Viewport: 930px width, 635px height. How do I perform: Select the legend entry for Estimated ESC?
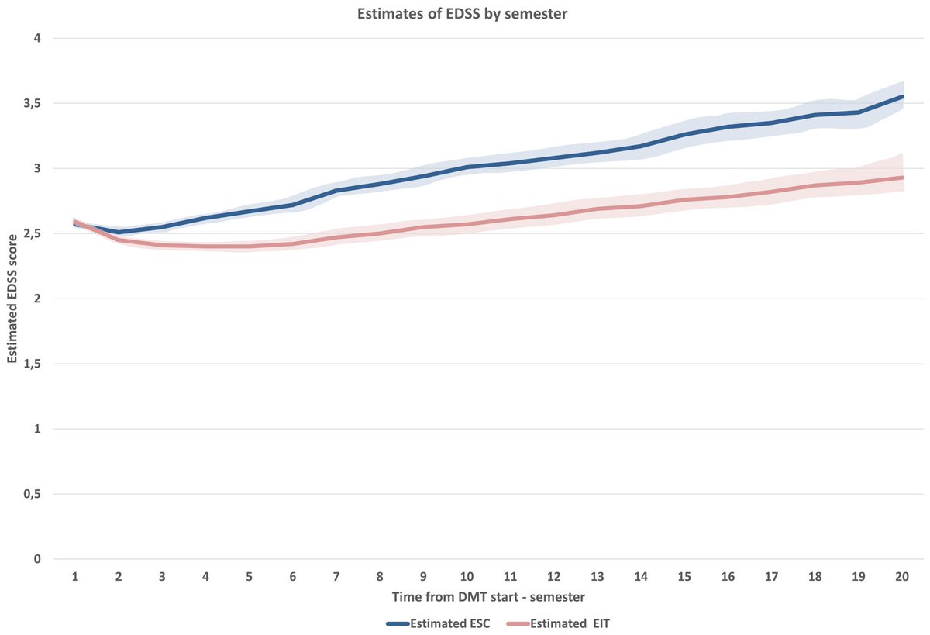438,623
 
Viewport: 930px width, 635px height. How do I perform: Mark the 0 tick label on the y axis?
36,559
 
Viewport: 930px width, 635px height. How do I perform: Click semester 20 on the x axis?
902,576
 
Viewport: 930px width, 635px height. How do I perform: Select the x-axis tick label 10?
467,576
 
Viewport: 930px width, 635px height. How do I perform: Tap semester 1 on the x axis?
74,576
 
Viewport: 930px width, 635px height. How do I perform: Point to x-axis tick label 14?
641,576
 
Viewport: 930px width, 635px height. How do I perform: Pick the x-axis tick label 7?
336,576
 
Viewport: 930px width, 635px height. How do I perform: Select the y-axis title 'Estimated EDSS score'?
12,299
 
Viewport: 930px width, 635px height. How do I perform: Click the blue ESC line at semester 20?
902,97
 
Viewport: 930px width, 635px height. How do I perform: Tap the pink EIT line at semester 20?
902,178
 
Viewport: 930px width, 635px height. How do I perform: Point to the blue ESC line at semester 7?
336,191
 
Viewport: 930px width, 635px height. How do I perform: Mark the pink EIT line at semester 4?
205,247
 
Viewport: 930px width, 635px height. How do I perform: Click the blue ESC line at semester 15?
684,134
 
